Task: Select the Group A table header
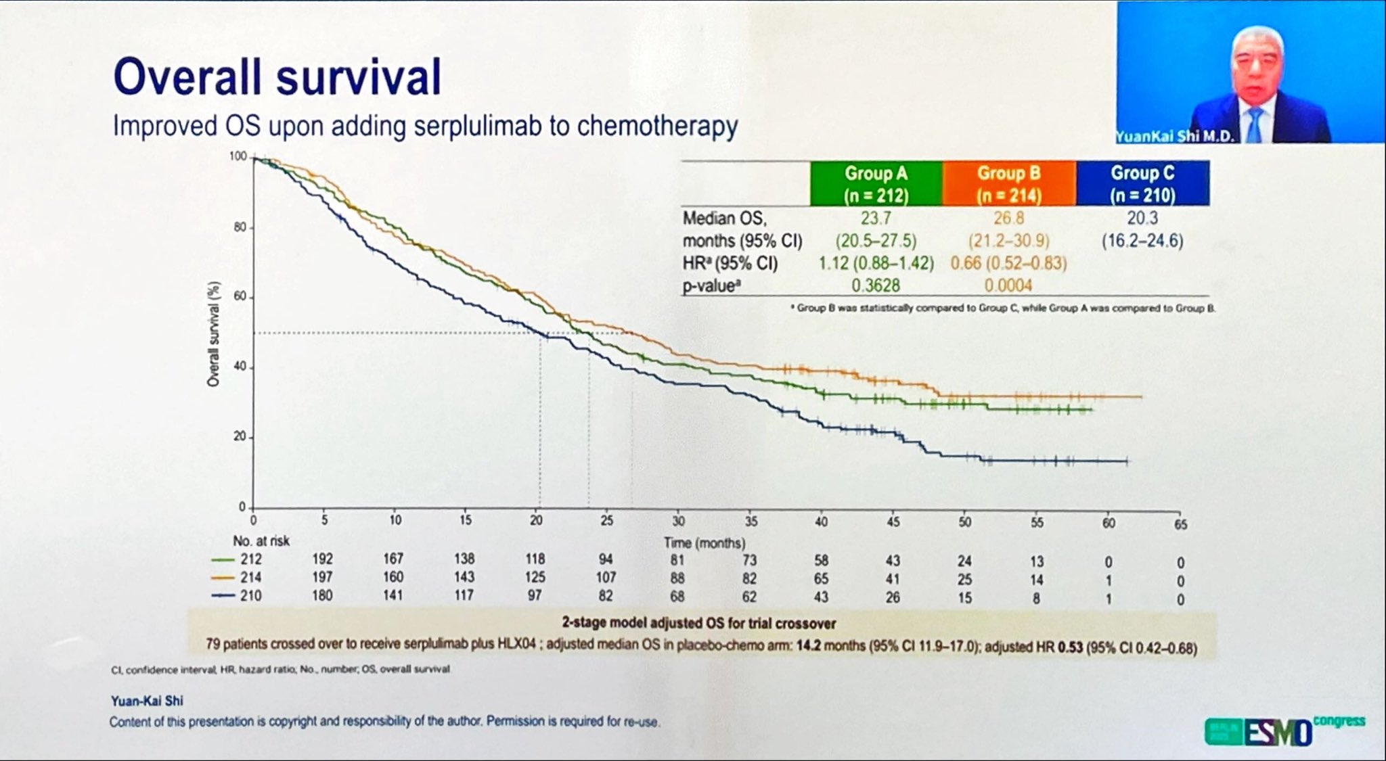[x=876, y=183]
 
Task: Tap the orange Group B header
[x=1008, y=183]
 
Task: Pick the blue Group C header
[x=1142, y=183]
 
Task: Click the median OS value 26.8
[x=1008, y=218]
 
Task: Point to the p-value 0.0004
[x=1008, y=285]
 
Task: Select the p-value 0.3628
[x=876, y=285]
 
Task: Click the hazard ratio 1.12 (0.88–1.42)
[x=876, y=263]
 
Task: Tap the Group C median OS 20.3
[x=1142, y=218]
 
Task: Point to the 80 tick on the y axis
[x=240, y=227]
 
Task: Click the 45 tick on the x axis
[x=893, y=522]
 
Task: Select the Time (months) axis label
[x=705, y=543]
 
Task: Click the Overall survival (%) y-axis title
[x=214, y=334]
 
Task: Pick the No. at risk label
[x=261, y=540]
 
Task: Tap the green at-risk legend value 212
[x=250, y=559]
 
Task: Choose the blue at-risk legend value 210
[x=250, y=596]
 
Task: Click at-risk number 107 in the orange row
[x=606, y=578]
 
